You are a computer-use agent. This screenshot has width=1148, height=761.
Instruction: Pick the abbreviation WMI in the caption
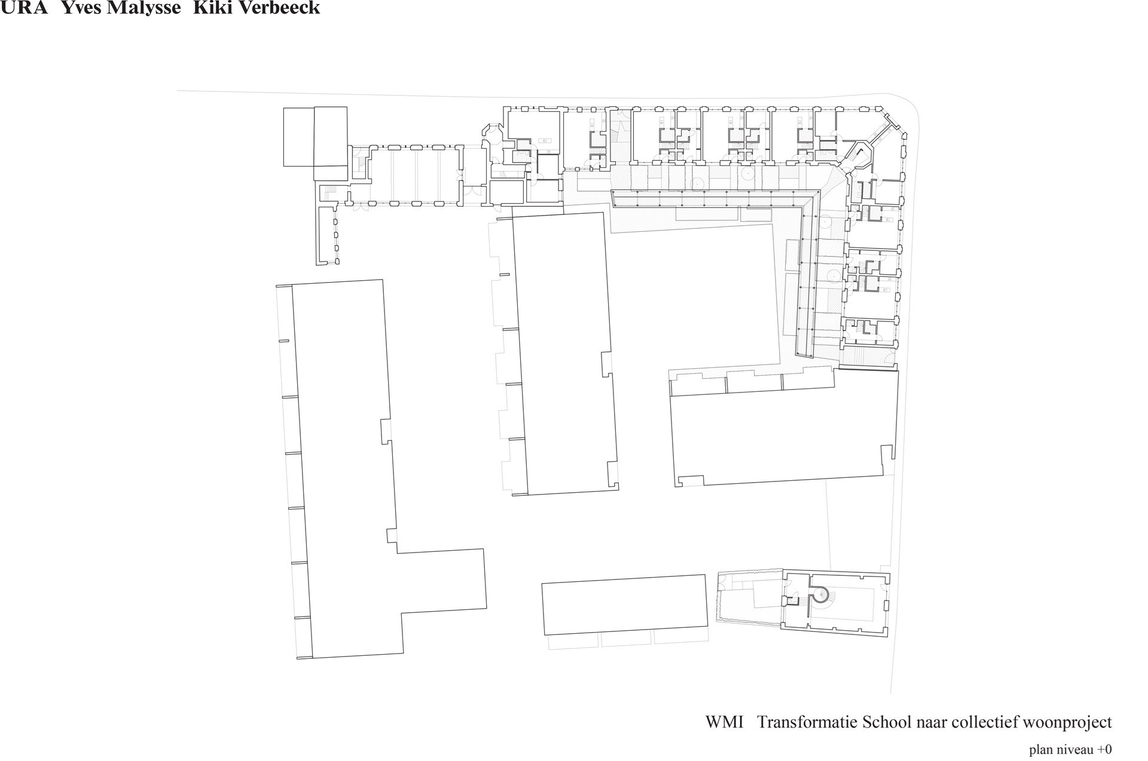[x=724, y=722]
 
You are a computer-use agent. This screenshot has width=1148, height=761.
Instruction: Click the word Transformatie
[x=807, y=722]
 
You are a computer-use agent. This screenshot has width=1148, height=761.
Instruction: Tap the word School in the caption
[x=886, y=722]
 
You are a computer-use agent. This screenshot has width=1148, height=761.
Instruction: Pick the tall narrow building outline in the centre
[x=565, y=354]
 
